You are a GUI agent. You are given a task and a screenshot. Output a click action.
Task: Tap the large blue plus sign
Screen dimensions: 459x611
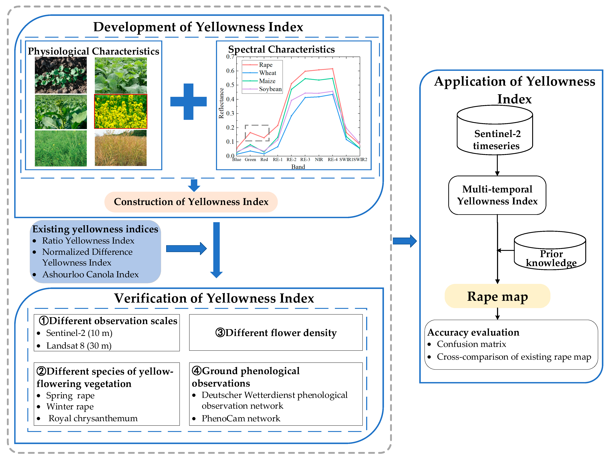point(188,102)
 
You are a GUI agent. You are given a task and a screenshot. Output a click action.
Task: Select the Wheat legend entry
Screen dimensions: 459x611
point(267,73)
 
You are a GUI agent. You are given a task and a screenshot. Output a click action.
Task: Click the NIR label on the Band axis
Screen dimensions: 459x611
point(319,160)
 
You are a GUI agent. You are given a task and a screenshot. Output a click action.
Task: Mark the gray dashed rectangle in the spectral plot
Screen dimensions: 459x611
point(257,133)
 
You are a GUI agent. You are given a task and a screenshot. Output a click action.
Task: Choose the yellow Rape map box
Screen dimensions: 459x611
point(497,296)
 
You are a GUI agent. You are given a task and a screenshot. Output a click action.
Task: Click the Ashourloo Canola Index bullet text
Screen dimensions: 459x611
point(90,274)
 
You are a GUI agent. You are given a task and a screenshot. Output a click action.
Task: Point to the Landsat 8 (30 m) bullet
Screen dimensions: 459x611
point(79,346)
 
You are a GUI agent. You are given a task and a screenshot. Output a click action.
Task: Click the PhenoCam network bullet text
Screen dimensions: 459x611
point(241,418)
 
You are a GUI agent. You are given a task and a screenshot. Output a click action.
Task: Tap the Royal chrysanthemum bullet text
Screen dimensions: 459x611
point(93,418)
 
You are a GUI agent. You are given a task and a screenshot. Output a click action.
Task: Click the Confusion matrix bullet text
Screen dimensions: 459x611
point(471,344)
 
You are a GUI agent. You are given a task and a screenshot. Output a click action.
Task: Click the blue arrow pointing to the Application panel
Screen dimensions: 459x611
point(404,241)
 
